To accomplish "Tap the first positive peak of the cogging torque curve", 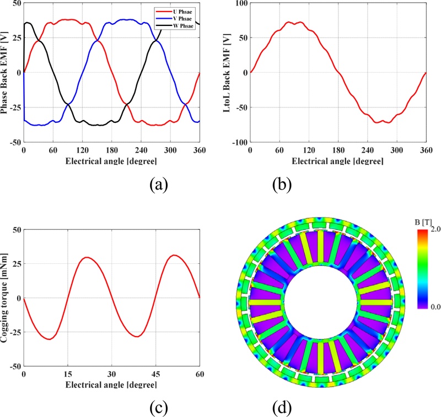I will tap(87, 257).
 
